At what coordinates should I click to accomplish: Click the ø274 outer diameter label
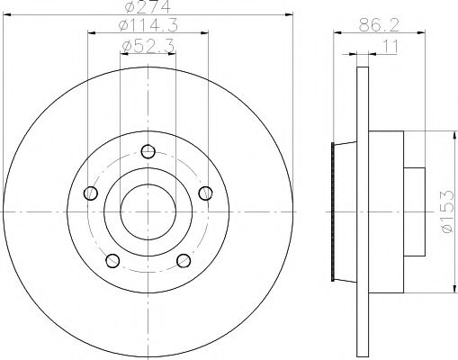(x=148, y=8)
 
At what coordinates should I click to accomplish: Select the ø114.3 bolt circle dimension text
(x=148, y=26)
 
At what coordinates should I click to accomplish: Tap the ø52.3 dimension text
(x=148, y=44)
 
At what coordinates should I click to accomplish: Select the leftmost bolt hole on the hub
(x=89, y=193)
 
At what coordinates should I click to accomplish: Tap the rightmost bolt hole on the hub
(x=206, y=193)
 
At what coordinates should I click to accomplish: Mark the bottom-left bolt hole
(x=112, y=261)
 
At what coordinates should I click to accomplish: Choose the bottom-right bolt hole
(x=184, y=261)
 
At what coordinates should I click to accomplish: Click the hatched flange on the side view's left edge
(x=336, y=211)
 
